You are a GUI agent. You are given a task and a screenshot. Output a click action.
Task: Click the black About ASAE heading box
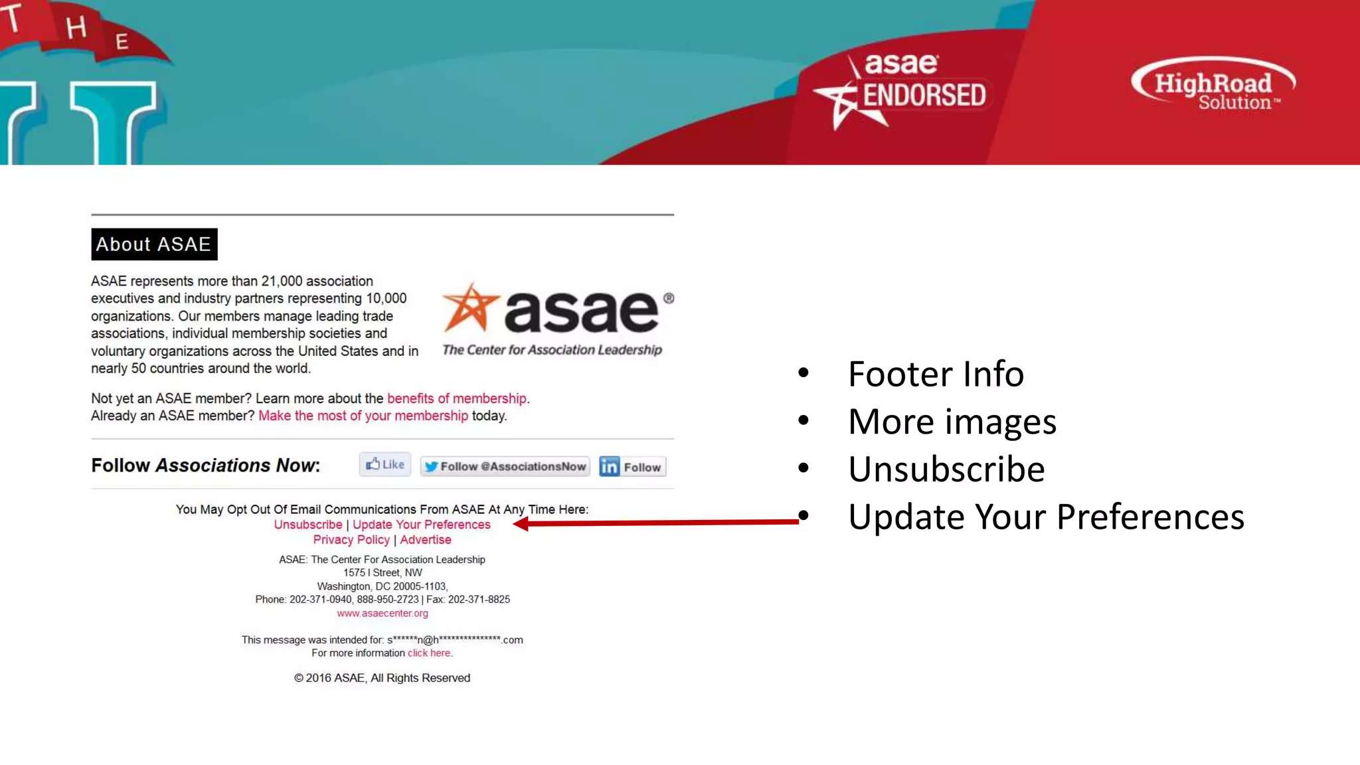click(154, 244)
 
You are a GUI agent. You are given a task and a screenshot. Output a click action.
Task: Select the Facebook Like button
click(385, 465)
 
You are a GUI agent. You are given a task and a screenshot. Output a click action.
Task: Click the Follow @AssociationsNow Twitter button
click(505, 467)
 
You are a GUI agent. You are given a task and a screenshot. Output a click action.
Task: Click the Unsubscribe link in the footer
click(308, 525)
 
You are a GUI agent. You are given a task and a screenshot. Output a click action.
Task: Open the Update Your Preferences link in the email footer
click(422, 525)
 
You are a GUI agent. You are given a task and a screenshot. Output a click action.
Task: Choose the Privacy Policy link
click(351, 540)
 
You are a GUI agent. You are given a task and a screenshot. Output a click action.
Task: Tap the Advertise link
click(426, 540)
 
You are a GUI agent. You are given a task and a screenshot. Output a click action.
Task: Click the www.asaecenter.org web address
click(382, 614)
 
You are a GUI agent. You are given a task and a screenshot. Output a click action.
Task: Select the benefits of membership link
click(457, 398)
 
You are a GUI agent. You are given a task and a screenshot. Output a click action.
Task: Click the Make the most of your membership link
click(363, 416)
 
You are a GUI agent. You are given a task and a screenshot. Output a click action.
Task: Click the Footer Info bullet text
click(936, 374)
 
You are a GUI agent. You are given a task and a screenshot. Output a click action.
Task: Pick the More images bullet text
click(952, 422)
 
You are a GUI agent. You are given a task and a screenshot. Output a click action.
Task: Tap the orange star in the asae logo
click(471, 308)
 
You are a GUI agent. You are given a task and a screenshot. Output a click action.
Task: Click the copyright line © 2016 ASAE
click(382, 678)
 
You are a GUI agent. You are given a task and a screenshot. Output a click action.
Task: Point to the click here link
click(429, 653)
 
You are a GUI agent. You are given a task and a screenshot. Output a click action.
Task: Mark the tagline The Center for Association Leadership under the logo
click(552, 350)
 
